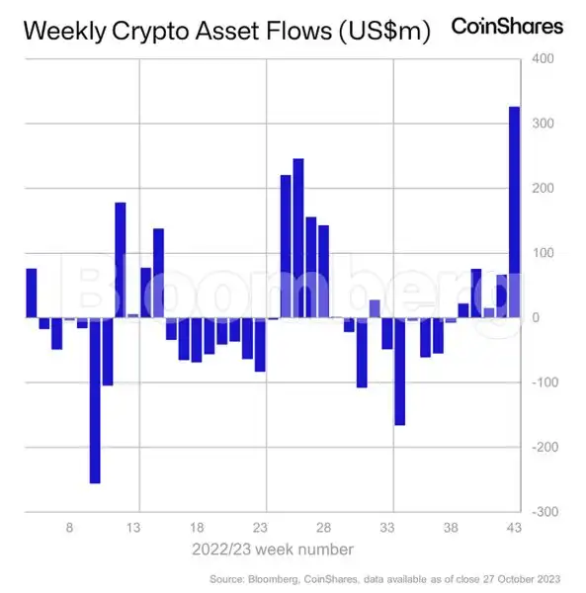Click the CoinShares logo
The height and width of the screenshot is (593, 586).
click(507, 26)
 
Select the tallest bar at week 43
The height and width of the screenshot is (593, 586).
click(514, 212)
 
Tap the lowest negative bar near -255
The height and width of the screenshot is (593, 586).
click(95, 400)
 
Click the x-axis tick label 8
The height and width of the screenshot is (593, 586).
click(70, 528)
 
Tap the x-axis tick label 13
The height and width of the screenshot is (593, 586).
click(133, 528)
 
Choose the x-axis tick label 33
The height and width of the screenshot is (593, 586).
click(388, 528)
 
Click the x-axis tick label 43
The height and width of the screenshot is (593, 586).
click(515, 528)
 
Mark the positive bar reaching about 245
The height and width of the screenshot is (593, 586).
click(298, 237)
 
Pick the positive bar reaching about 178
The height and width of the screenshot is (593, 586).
click(121, 260)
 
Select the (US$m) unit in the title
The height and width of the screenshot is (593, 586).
click(383, 32)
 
